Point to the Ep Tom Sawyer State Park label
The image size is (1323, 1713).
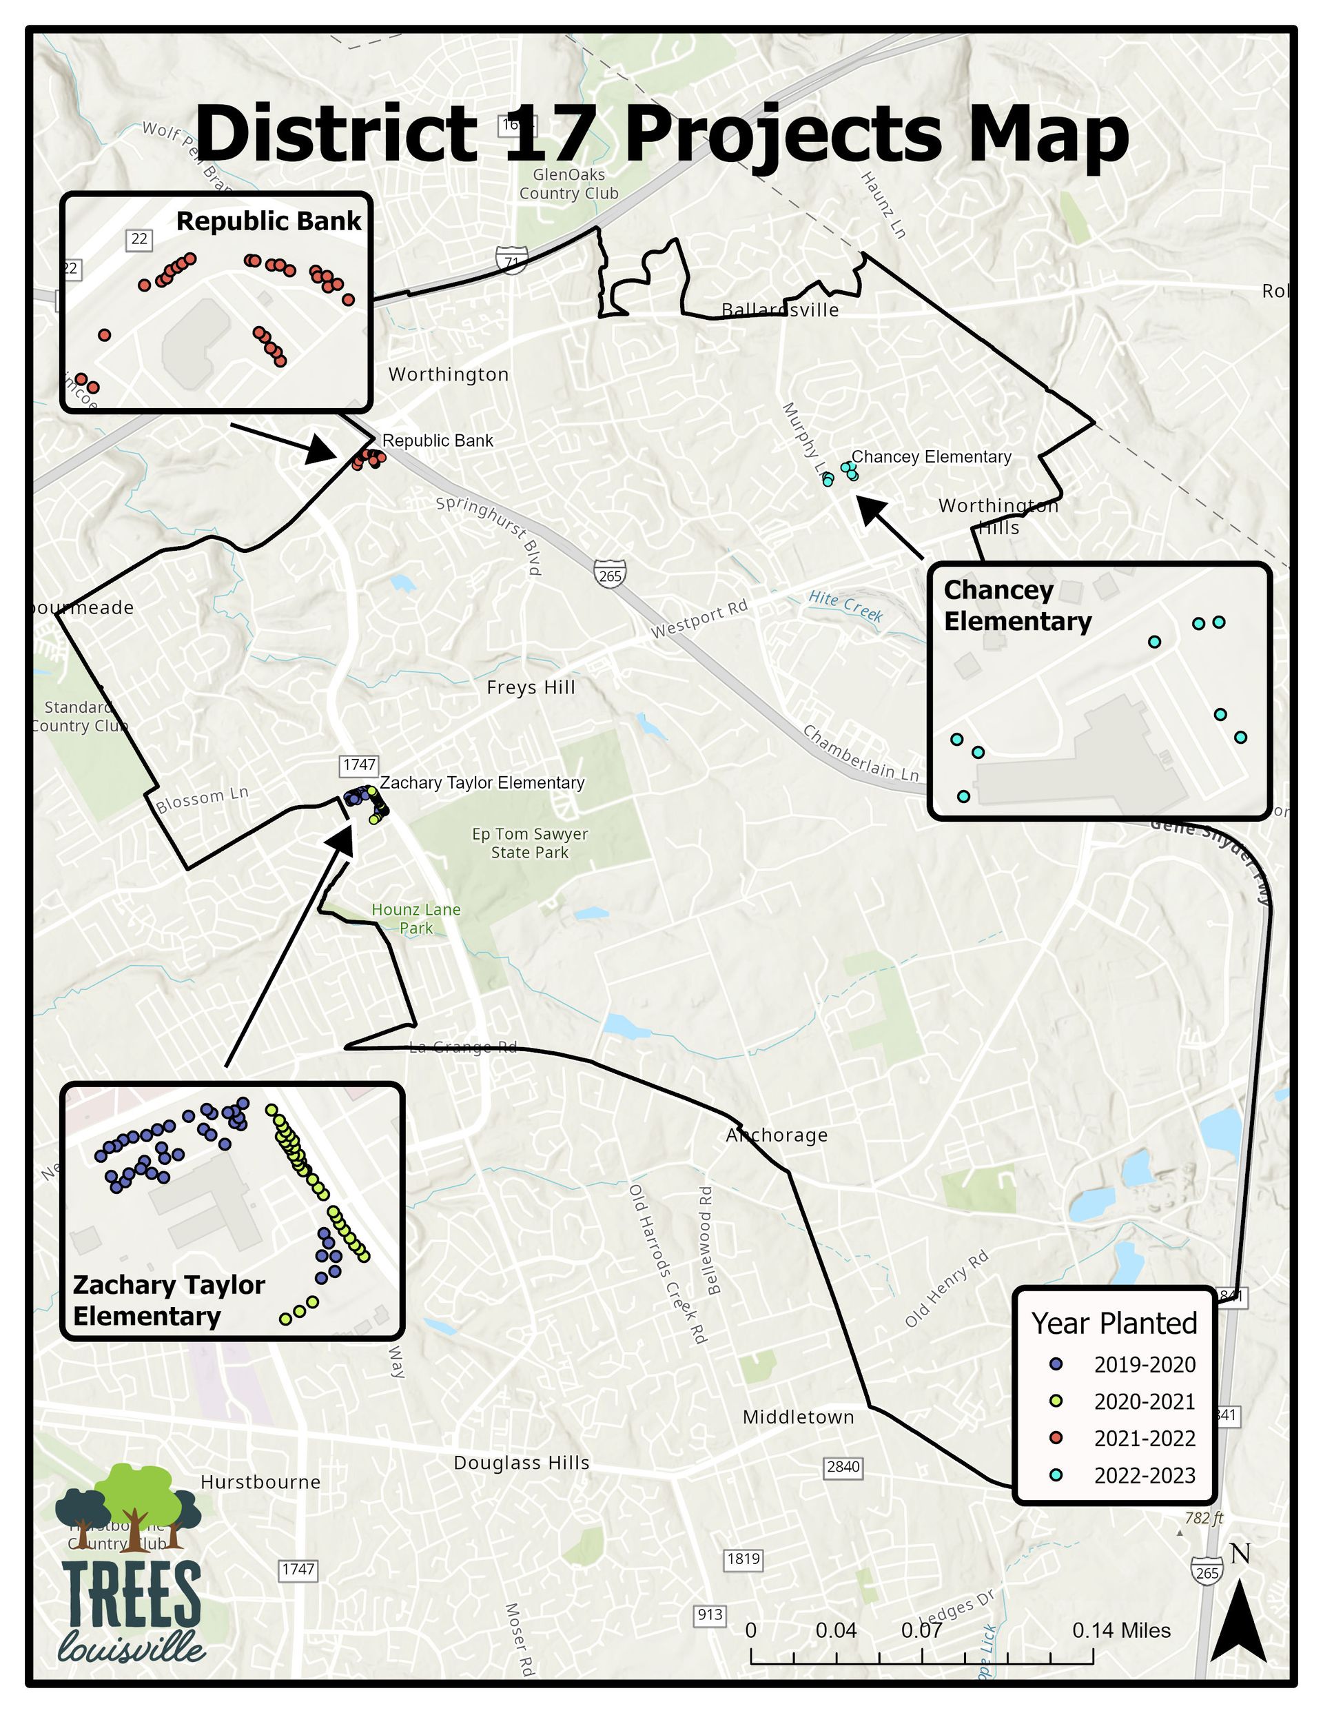[529, 843]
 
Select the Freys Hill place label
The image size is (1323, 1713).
[531, 688]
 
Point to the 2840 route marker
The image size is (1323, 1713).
[843, 1466]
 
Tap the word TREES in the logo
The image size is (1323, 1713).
[131, 1595]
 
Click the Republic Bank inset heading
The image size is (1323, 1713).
[268, 221]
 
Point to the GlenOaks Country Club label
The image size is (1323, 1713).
[568, 184]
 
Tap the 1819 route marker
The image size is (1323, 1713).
[743, 1559]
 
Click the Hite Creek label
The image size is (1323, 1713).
[845, 607]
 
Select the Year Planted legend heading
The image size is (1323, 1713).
[1114, 1324]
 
